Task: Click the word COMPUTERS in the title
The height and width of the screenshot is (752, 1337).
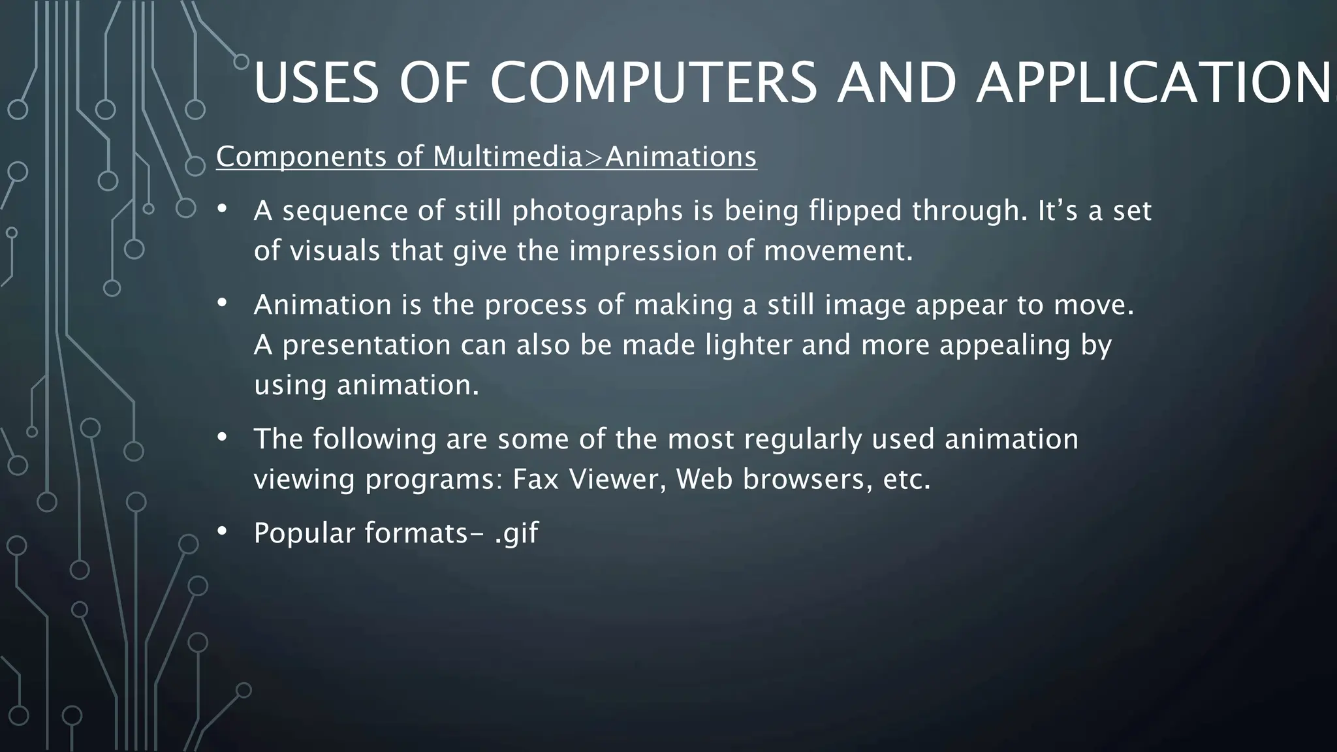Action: coord(653,83)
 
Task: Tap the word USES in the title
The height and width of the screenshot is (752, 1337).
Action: coord(316,83)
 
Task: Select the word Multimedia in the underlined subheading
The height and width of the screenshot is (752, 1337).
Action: coord(507,157)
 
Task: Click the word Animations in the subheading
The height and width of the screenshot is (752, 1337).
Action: coord(681,157)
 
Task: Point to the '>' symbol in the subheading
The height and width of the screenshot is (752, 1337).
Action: coord(593,157)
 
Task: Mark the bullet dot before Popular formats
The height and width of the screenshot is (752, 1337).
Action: coord(222,531)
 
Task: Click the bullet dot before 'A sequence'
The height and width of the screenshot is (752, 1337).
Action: coord(222,209)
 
